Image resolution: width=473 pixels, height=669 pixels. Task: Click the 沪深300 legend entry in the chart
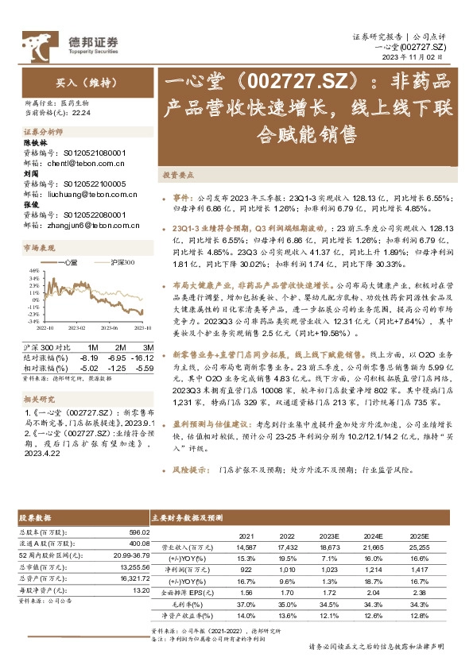pyautogui.click(x=114, y=261)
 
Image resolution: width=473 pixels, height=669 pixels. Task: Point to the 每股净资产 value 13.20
pyautogui.click(x=140, y=590)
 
